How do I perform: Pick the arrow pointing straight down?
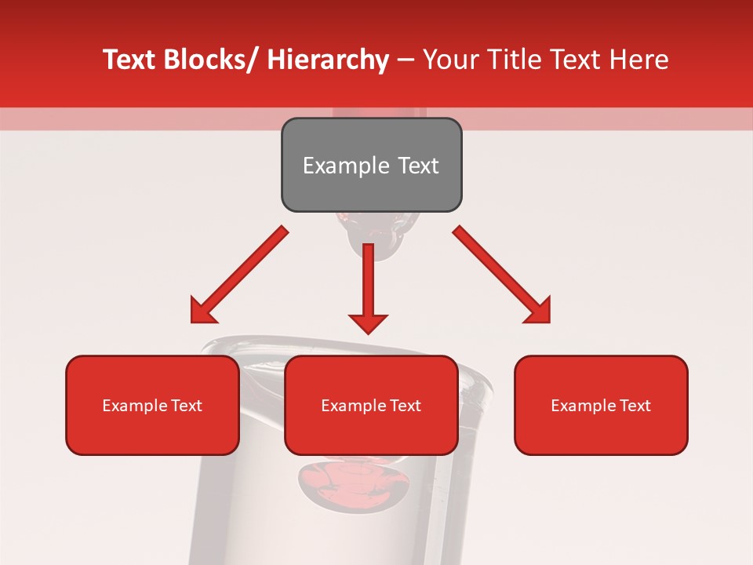tap(368, 282)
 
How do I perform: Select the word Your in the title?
tap(450, 60)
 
